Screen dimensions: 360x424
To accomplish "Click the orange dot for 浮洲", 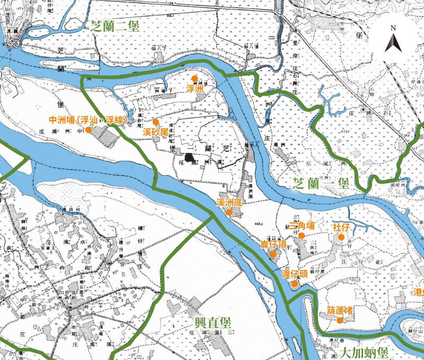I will [x=195, y=78].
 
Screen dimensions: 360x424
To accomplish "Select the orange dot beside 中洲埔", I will [x=89, y=129].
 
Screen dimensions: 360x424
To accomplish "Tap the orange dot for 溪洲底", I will [x=229, y=212].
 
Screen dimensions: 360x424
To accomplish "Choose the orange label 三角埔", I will [x=303, y=226].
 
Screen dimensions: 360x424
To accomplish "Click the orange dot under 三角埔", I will [x=302, y=236].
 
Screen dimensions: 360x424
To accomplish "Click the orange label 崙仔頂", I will [x=274, y=244].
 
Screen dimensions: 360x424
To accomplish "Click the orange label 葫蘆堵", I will [x=340, y=310].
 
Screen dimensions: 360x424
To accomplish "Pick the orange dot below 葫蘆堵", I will [x=340, y=320].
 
